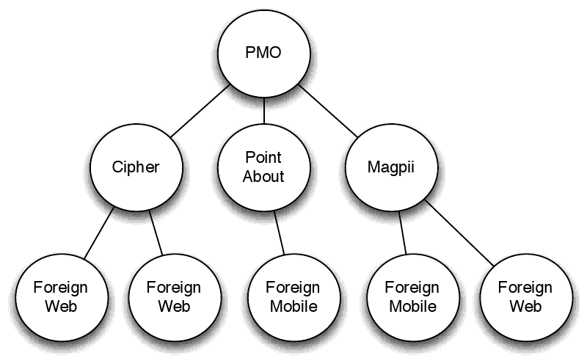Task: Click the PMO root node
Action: tap(263, 54)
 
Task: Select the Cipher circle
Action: tap(135, 167)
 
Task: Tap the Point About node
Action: tap(263, 167)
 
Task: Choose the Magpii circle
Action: tap(392, 167)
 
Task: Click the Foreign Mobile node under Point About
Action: tap(292, 296)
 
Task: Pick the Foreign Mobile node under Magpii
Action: tap(412, 296)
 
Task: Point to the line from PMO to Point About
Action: tap(263, 112)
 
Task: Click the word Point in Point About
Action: tap(263, 158)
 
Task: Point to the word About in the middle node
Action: tap(263, 176)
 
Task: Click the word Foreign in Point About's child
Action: tap(292, 287)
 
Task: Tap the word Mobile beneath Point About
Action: tap(292, 306)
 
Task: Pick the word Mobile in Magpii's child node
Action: tap(412, 306)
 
